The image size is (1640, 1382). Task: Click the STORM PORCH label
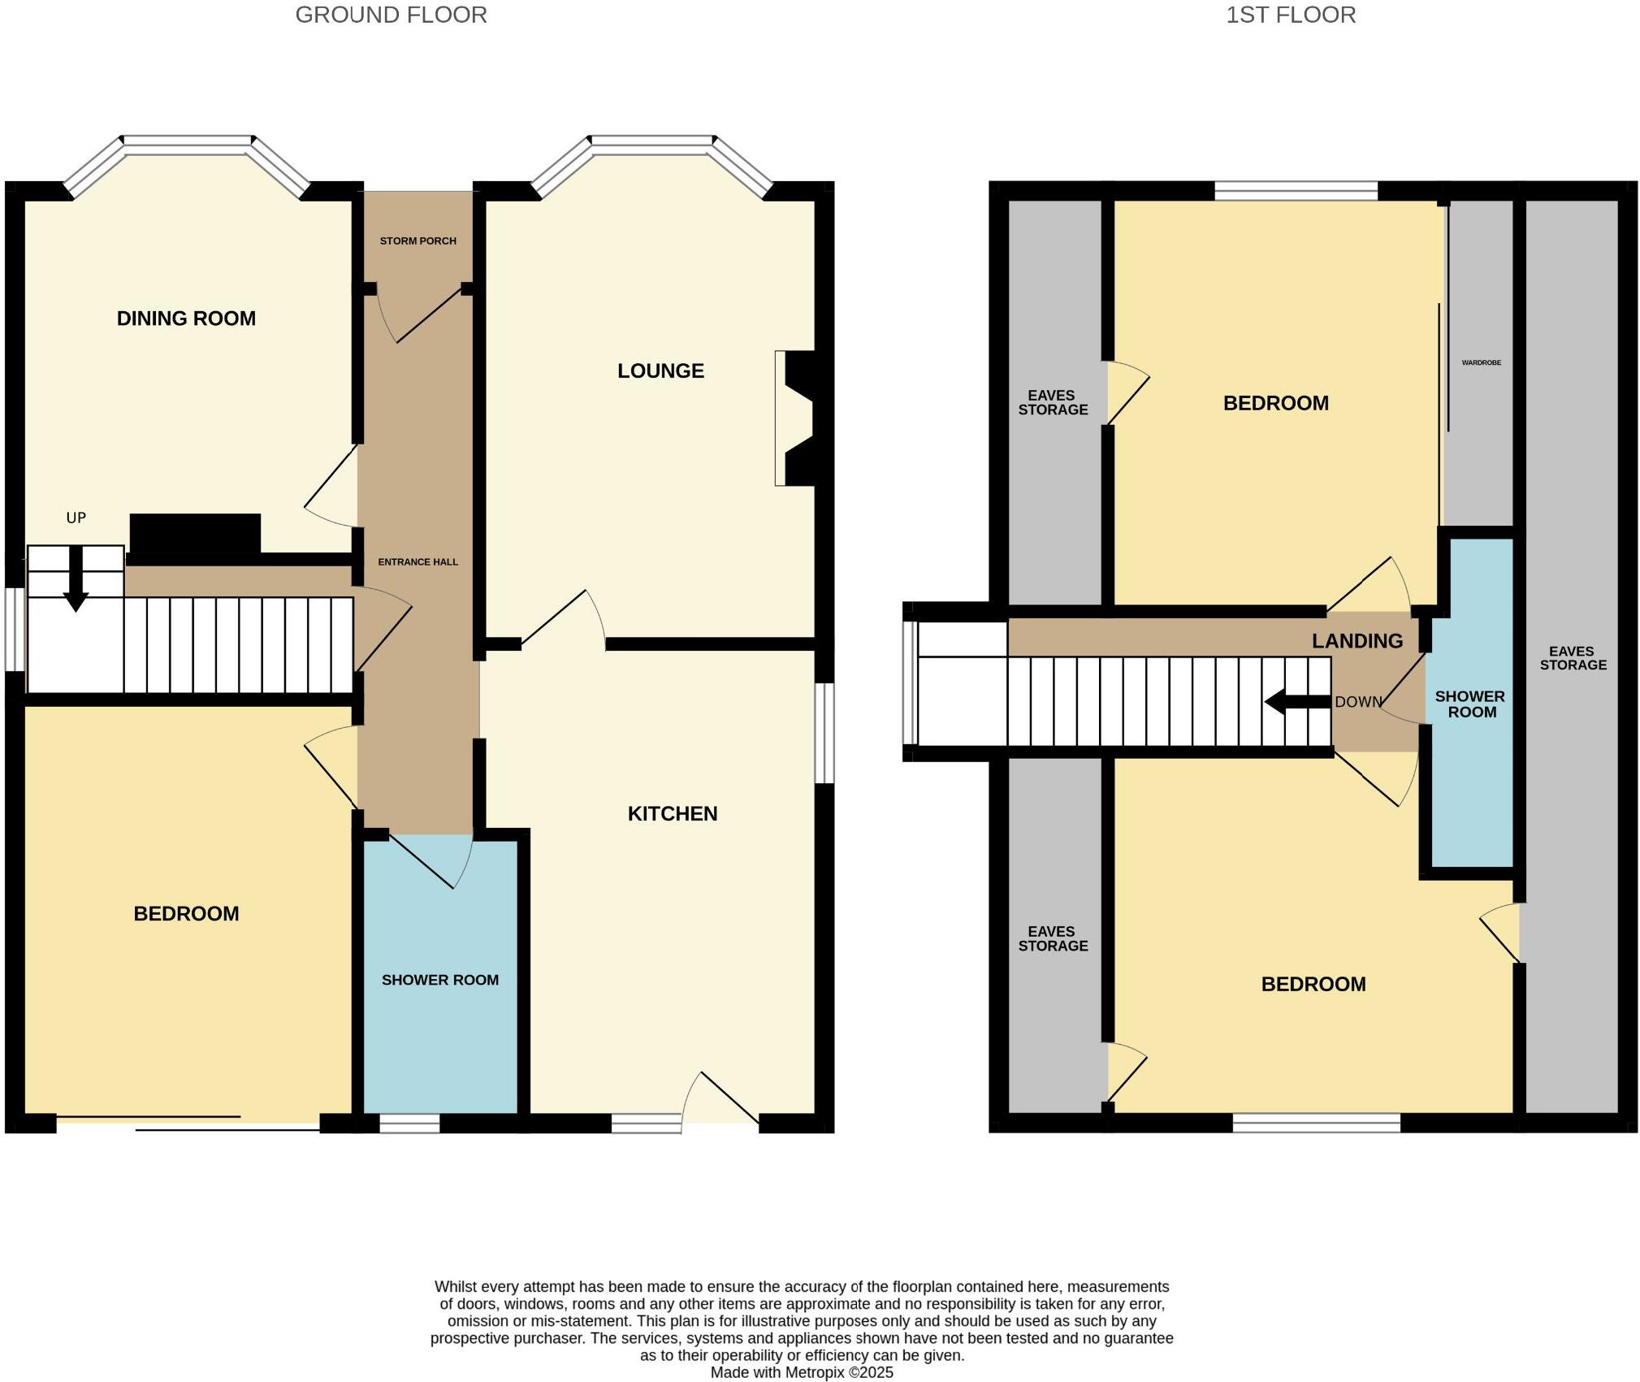pyautogui.click(x=418, y=241)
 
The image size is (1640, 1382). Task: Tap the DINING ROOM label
pyautogui.click(x=186, y=318)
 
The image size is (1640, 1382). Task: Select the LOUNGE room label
pyautogui.click(x=660, y=371)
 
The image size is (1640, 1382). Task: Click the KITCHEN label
pyautogui.click(x=673, y=814)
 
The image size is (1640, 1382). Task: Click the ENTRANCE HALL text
pyautogui.click(x=418, y=562)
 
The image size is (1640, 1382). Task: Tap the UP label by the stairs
pyautogui.click(x=76, y=518)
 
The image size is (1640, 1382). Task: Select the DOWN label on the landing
pyautogui.click(x=1358, y=702)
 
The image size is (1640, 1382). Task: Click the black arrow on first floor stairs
pyautogui.click(x=1296, y=702)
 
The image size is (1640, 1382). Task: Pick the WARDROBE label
pyautogui.click(x=1481, y=363)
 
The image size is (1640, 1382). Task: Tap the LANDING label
pyautogui.click(x=1357, y=641)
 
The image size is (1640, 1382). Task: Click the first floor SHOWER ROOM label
pyautogui.click(x=1470, y=704)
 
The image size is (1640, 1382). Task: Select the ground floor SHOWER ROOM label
pyautogui.click(x=440, y=981)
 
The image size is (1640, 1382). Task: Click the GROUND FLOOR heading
pyautogui.click(x=391, y=15)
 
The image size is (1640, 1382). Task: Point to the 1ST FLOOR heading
pyautogui.click(x=1291, y=15)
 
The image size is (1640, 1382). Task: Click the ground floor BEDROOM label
pyautogui.click(x=186, y=914)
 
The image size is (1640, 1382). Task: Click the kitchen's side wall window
pyautogui.click(x=824, y=734)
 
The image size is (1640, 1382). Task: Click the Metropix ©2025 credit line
pyautogui.click(x=802, y=1373)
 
